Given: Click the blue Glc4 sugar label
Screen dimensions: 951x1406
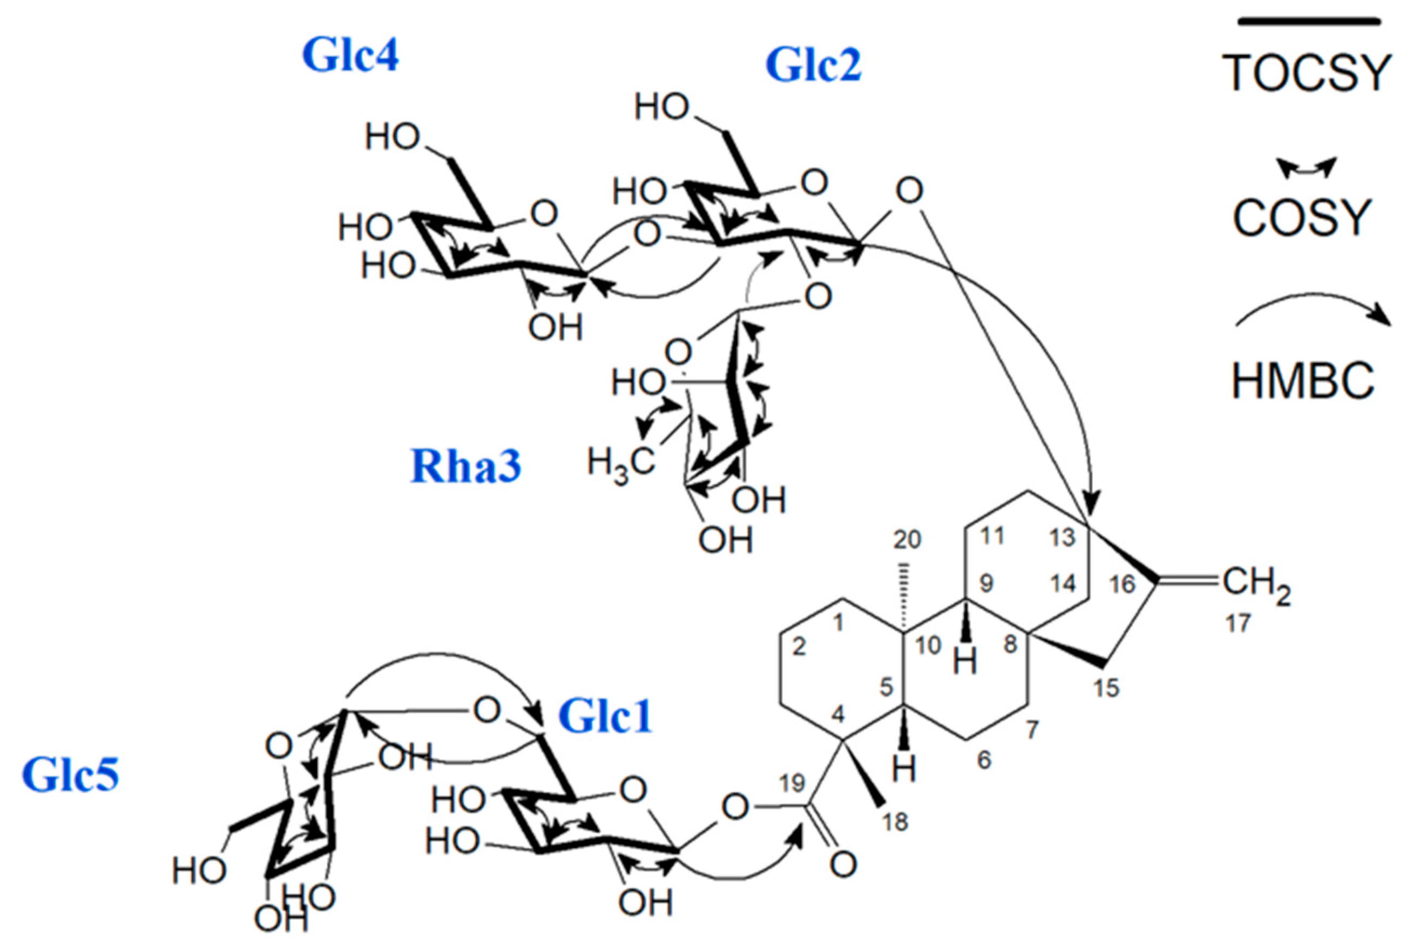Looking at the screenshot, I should point(350,56).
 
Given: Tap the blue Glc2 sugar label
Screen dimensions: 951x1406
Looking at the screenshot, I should point(813,65).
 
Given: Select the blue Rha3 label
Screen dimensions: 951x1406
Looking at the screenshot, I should point(465,466).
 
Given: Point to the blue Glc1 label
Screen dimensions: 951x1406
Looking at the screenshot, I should point(605,716).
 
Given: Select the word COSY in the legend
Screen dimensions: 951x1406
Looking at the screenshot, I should point(1301,218).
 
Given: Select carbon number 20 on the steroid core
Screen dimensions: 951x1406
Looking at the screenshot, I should point(907,539).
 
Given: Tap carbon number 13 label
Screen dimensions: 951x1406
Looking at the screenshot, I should point(1063,537).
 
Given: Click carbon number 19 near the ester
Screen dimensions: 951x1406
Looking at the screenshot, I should point(792,783).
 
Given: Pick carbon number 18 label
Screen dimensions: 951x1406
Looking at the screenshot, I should point(895,821).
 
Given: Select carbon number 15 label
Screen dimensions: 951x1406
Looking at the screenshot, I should point(1106,688).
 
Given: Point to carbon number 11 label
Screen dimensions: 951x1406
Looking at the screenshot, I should point(992,535).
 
